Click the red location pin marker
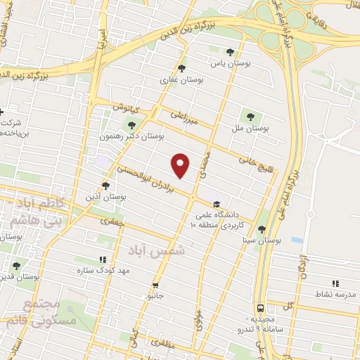[181, 165]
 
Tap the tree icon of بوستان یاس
[230, 51]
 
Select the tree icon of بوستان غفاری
[182, 68]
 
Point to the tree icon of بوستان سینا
[262, 229]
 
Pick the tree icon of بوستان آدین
[105, 186]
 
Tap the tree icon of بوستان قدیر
[16, 266]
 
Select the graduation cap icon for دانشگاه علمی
[216, 204]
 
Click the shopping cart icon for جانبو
[155, 285]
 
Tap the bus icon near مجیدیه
[261, 308]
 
